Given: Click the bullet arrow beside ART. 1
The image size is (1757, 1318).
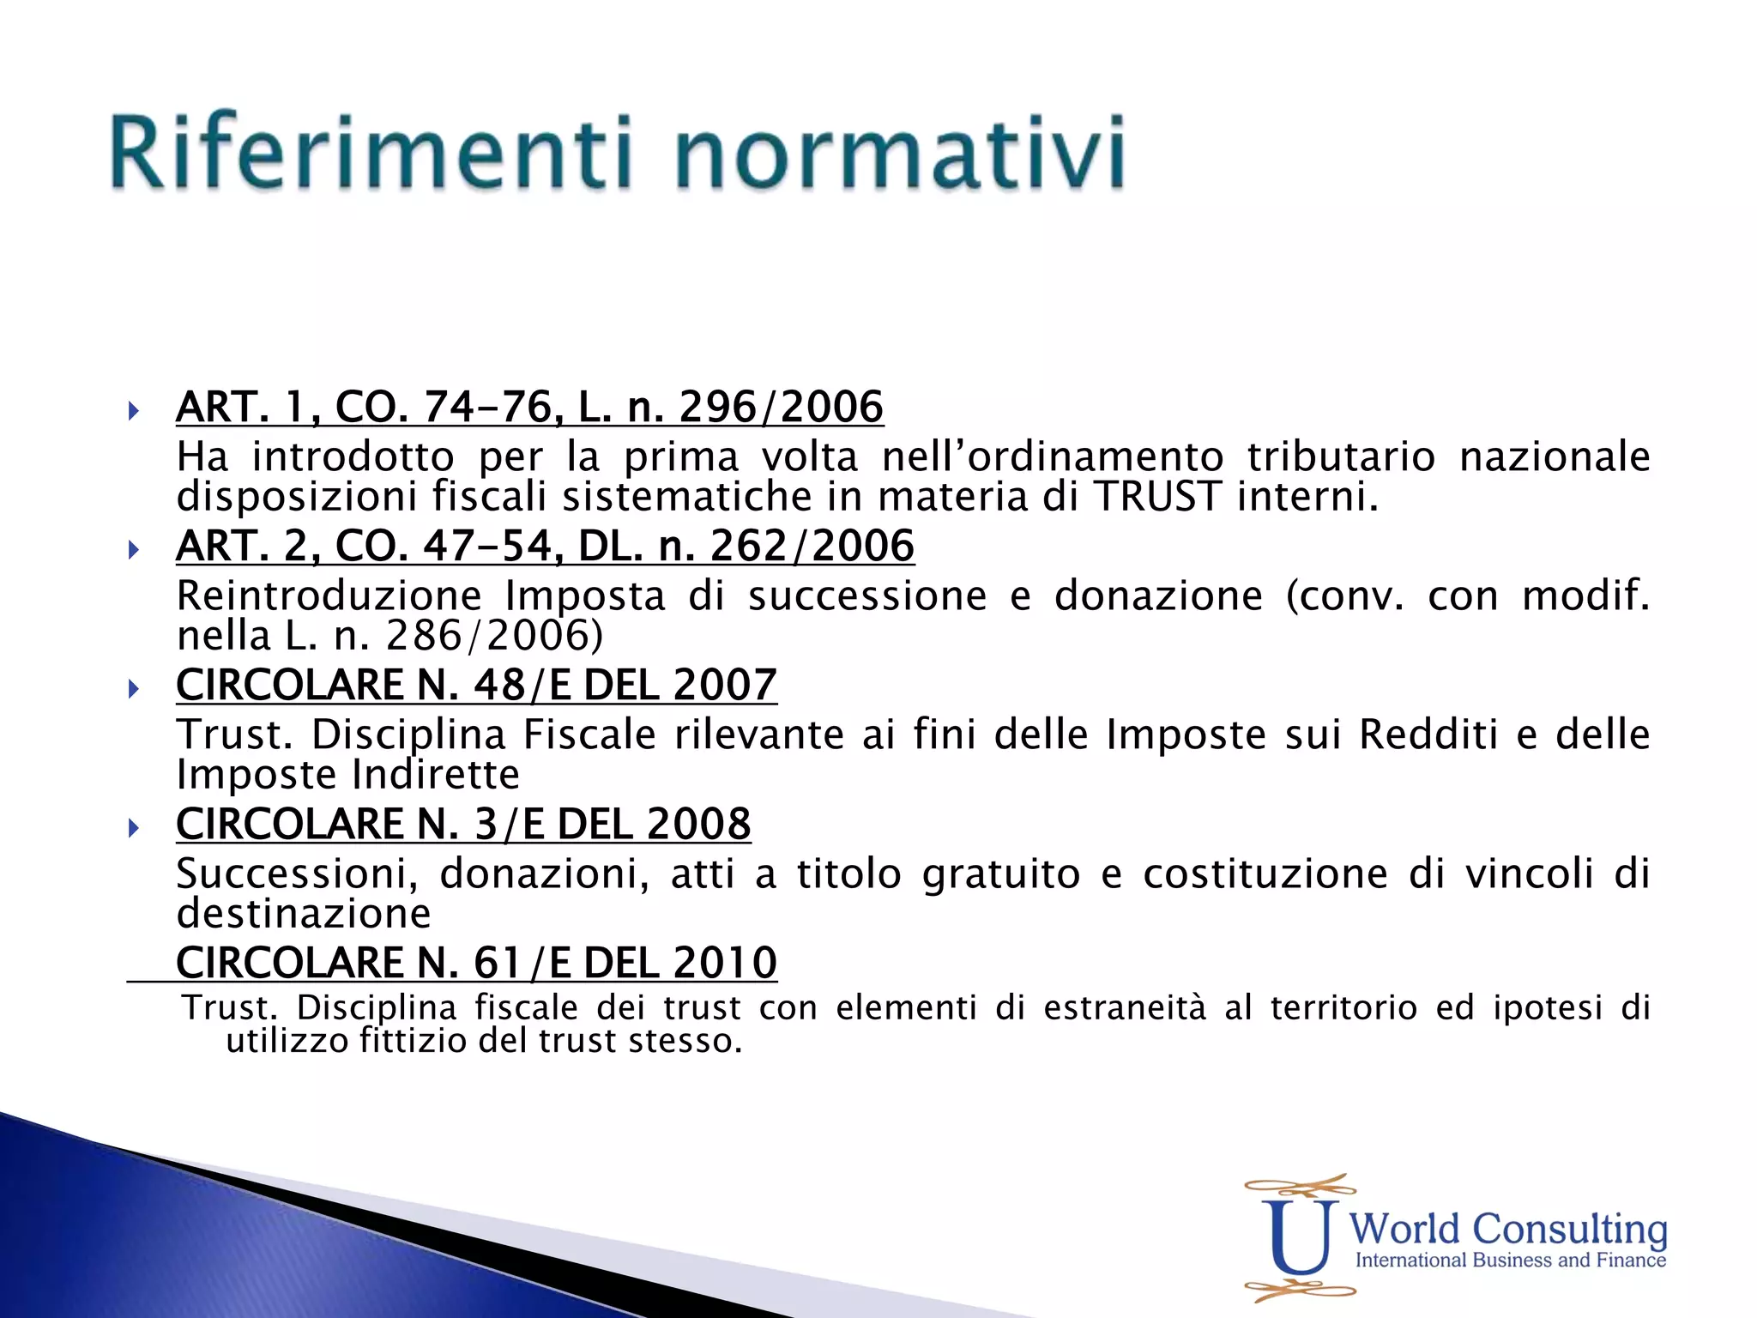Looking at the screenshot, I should coord(133,410).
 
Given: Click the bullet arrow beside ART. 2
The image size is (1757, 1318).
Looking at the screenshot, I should coord(133,549).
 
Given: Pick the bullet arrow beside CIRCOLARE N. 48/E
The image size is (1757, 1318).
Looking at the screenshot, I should coord(133,688).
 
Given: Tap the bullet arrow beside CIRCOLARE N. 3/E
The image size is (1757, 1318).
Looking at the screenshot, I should coord(133,827).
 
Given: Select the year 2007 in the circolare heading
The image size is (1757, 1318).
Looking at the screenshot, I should coord(725,685).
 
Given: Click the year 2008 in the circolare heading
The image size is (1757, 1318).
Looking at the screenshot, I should coord(699,824).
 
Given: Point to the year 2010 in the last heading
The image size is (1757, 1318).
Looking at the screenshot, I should coord(725,963).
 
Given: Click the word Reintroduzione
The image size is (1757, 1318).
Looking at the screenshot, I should coord(329,596).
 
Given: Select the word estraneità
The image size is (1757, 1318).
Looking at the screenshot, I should coord(1124,1007).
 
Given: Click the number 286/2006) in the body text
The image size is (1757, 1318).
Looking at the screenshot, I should coord(494,636).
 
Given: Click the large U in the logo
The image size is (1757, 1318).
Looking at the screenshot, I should coord(1299,1236).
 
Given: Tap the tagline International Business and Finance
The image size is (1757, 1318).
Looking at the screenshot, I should coord(1510,1261).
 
